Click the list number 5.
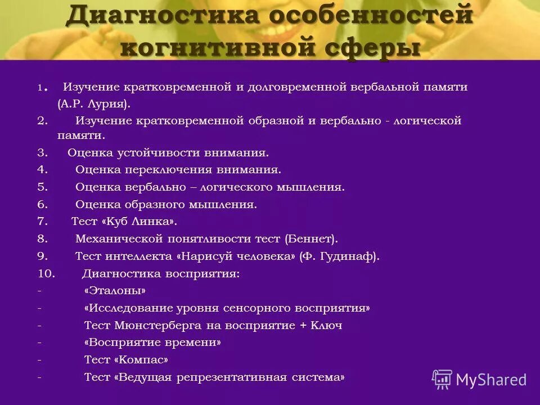43,187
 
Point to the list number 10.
46,274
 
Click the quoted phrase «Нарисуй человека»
236,256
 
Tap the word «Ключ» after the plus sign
326,326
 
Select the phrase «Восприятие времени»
152,343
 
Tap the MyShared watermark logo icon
442,379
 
